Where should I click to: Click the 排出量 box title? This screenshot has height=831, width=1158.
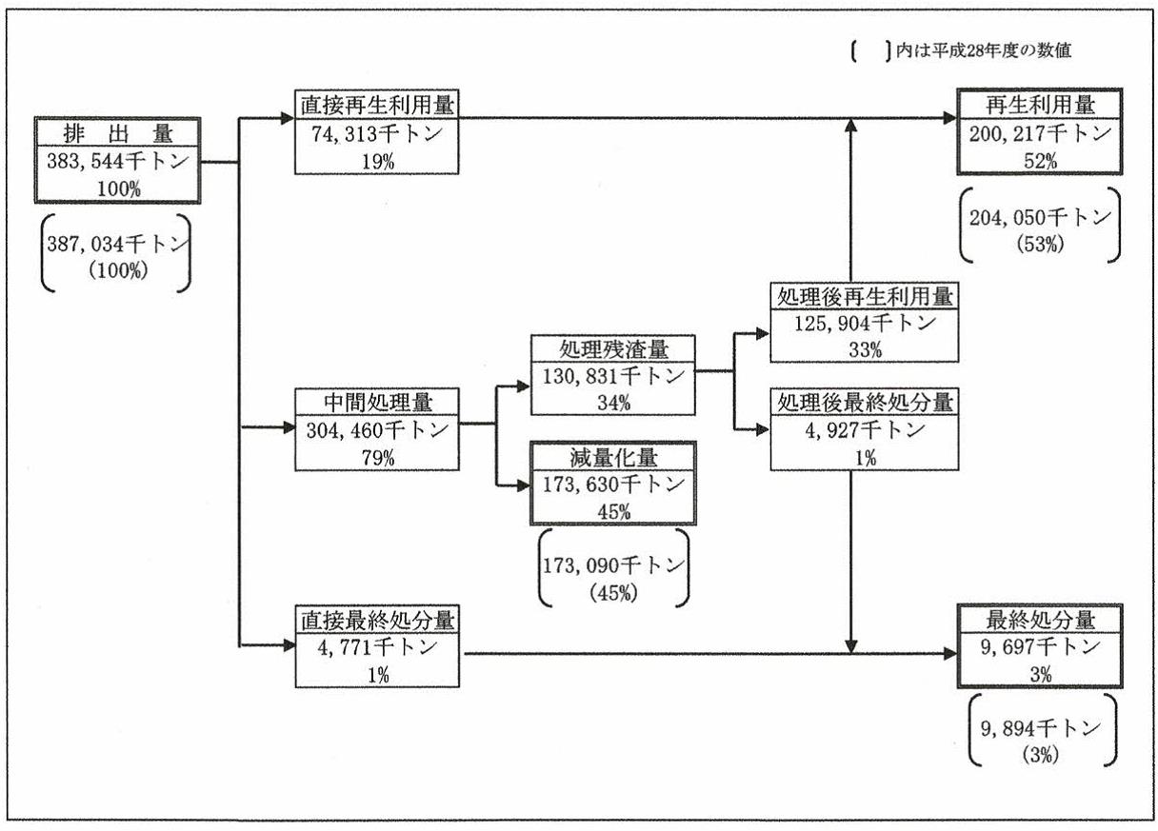click(x=117, y=134)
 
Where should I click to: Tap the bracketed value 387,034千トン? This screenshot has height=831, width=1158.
click(x=117, y=244)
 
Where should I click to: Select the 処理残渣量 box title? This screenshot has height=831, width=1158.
click(x=614, y=347)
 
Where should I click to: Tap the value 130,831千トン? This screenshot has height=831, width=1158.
click(x=614, y=375)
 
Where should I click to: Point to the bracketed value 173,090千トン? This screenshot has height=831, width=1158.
click(x=614, y=564)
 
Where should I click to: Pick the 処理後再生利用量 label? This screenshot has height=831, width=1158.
click(x=863, y=296)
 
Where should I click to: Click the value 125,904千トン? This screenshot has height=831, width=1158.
click(x=863, y=323)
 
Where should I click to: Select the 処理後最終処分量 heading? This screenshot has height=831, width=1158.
click(x=863, y=402)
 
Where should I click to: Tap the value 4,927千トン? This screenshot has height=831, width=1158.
click(x=863, y=430)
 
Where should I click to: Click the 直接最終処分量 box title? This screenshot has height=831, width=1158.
click(x=376, y=620)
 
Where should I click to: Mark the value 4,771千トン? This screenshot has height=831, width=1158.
click(x=376, y=647)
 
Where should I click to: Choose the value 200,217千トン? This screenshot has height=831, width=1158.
click(x=1039, y=133)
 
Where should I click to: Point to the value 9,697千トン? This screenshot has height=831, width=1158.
click(x=1039, y=647)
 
